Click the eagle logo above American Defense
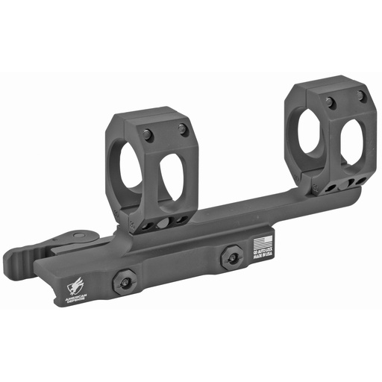74,285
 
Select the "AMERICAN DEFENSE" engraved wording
75,298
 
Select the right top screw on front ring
183,129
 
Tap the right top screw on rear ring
361,95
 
